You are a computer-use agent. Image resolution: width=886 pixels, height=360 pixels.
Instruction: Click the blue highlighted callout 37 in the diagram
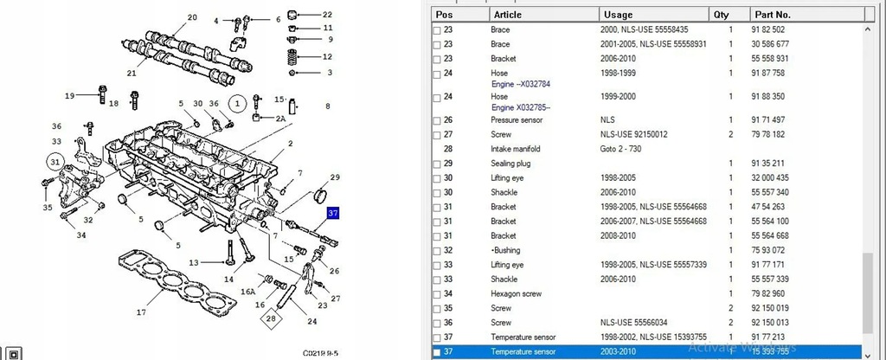333,214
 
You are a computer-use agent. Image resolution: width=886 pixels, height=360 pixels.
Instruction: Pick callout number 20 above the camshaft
192,17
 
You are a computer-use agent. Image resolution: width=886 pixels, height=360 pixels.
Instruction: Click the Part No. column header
772,15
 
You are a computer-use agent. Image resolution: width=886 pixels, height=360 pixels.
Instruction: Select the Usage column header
618,15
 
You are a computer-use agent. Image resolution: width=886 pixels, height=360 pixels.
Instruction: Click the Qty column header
721,15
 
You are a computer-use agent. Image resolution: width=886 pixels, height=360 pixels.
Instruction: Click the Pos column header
444,15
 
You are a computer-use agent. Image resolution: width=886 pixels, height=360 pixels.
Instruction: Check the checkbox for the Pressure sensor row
436,119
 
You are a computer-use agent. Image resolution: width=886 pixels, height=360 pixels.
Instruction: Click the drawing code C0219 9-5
321,353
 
